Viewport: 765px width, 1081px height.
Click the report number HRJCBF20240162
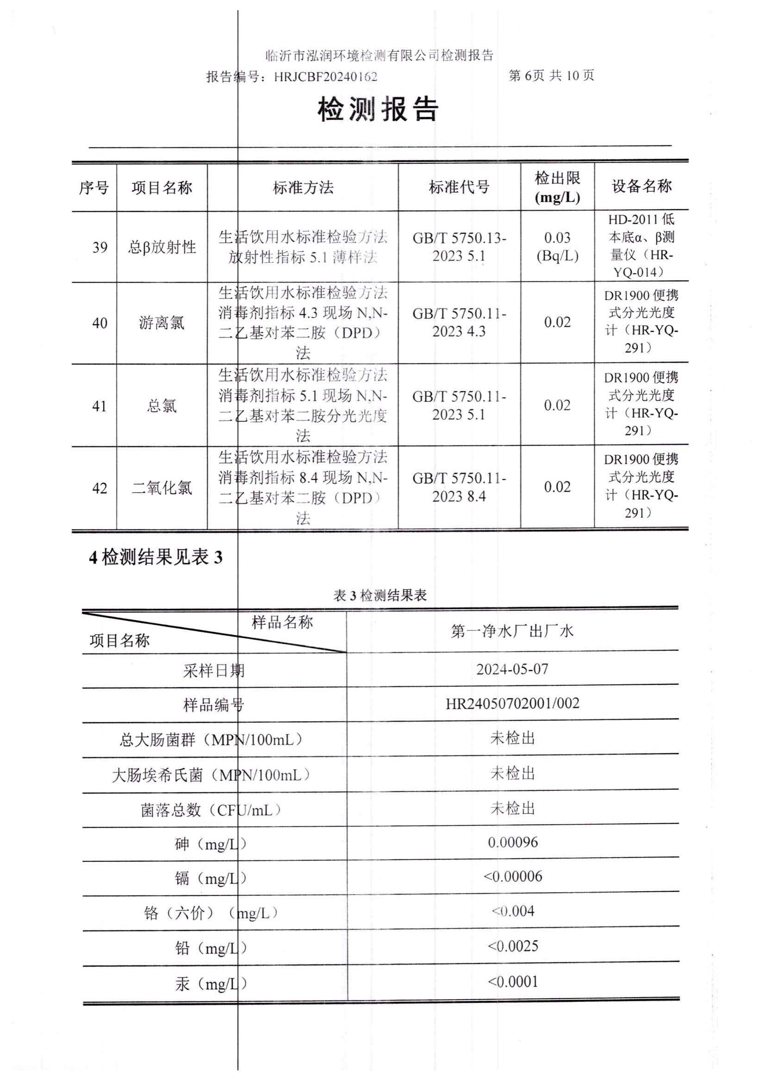(325, 76)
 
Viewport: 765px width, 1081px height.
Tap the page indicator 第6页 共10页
(551, 75)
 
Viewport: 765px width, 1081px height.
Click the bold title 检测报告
(378, 110)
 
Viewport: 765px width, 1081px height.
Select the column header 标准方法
(303, 187)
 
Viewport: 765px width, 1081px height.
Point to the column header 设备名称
(641, 186)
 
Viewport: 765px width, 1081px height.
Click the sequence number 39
(100, 247)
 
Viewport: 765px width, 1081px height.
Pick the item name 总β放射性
(162, 247)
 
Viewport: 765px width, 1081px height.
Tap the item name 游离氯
(162, 323)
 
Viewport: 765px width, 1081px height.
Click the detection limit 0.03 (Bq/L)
(557, 246)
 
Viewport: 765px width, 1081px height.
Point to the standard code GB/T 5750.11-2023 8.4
(459, 487)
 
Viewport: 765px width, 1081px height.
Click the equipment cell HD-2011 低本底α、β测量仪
(641, 245)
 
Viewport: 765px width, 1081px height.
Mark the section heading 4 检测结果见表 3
(155, 557)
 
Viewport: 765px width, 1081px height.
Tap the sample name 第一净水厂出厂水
(512, 631)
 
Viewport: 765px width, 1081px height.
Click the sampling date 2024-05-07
(512, 669)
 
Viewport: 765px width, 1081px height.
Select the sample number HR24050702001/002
(512, 704)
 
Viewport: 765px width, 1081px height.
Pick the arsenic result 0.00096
(512, 842)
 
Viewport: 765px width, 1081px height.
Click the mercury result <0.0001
(512, 982)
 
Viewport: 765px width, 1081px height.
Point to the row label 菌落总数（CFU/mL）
(211, 810)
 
